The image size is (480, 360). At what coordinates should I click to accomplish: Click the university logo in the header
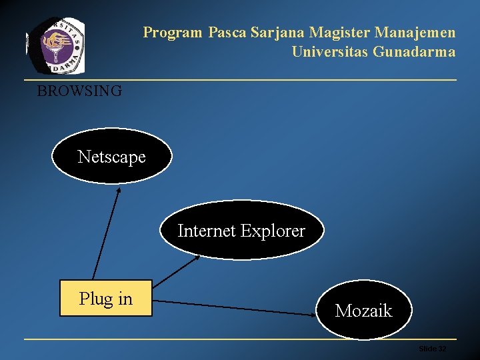click(56, 44)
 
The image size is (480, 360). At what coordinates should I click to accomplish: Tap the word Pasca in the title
click(226, 32)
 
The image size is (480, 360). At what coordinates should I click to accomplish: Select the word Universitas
click(329, 51)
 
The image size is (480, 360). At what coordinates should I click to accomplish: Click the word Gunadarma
click(415, 51)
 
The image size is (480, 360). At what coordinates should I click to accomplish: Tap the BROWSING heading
click(79, 91)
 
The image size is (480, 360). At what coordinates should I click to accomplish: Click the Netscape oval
click(111, 156)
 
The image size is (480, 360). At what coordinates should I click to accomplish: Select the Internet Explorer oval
click(241, 231)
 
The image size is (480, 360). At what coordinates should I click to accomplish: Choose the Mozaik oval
click(363, 310)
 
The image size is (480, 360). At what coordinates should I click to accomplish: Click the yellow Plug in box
click(106, 298)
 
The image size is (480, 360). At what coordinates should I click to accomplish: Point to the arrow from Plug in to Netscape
click(106, 233)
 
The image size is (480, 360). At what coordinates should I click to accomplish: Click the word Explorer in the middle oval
click(273, 231)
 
